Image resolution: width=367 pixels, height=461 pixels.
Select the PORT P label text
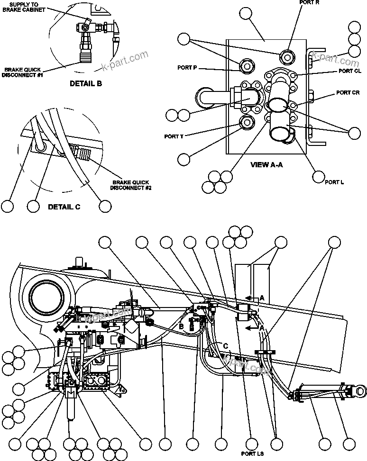pyautogui.click(x=187, y=68)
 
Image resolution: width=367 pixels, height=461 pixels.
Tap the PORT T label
pyautogui.click(x=174, y=136)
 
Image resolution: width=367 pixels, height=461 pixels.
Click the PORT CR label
pyautogui.click(x=348, y=92)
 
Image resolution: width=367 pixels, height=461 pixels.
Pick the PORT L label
pyautogui.click(x=334, y=182)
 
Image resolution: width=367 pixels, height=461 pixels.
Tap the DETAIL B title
pyautogui.click(x=86, y=84)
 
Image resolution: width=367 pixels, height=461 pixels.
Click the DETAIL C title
pyautogui.click(x=64, y=207)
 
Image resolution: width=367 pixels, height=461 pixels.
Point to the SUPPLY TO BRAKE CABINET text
pyautogui.click(x=31, y=7)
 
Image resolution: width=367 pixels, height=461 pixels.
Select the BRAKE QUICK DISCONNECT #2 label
pyautogui.click(x=131, y=185)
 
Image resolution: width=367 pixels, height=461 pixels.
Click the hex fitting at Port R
pyautogui.click(x=288, y=56)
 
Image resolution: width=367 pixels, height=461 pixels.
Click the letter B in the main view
pyautogui.click(x=181, y=326)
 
